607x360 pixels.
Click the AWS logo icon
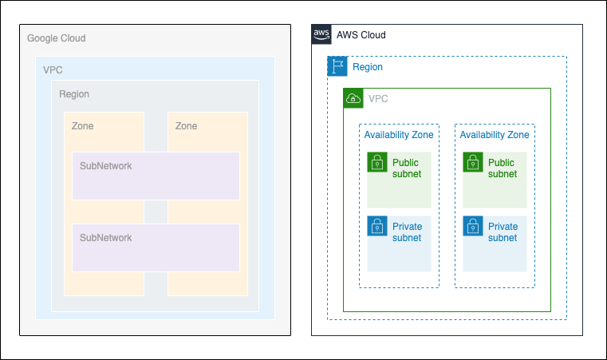321,34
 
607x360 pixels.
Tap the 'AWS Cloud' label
361,35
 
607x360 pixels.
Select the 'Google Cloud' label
56,38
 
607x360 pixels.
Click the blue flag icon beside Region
337,66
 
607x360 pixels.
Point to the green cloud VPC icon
353,98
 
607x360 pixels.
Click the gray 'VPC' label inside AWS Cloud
378,99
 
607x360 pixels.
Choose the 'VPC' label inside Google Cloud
53,70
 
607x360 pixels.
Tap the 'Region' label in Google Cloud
74,94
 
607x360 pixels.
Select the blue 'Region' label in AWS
368,67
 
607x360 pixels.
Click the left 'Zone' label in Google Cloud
82,126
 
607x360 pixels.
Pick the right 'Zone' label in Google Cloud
186,126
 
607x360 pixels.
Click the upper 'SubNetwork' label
105,166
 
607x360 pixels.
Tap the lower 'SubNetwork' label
105,238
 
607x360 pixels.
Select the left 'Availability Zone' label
399,135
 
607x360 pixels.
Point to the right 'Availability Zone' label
495,135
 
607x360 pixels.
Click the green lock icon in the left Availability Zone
377,162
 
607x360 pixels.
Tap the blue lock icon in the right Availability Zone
473,226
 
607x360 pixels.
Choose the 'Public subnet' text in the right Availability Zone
502,168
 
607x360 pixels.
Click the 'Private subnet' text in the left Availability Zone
407,232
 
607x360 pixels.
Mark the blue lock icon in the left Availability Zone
377,226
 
